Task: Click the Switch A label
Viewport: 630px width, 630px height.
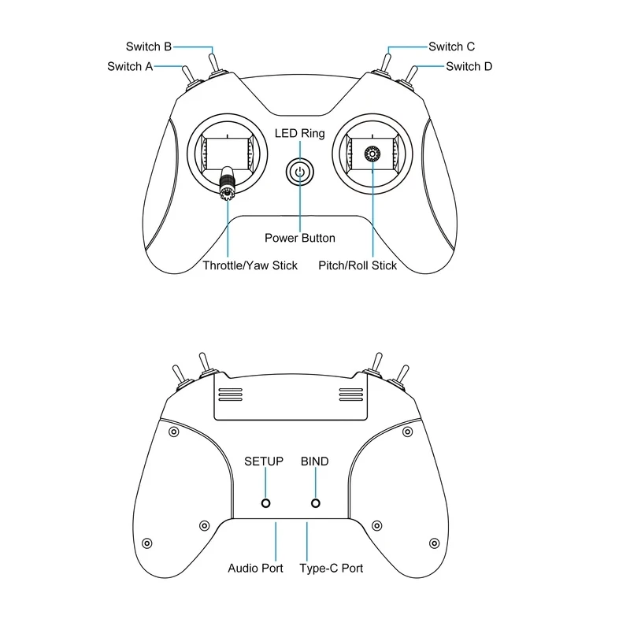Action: click(130, 66)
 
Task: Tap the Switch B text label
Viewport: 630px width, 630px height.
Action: click(149, 46)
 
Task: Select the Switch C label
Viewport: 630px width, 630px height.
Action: click(451, 46)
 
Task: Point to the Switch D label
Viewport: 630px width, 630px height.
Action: click(469, 66)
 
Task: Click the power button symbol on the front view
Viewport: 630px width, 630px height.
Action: click(299, 172)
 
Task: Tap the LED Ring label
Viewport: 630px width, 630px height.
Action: click(299, 133)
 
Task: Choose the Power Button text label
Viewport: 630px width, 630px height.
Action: click(299, 238)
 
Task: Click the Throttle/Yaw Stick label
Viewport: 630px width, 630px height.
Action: click(250, 265)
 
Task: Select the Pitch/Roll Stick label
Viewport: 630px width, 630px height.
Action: click(358, 265)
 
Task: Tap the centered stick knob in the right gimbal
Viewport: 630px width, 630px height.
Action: click(372, 154)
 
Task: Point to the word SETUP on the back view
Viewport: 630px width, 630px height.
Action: click(264, 461)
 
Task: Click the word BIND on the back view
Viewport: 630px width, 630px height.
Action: click(315, 461)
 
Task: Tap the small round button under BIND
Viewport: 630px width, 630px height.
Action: click(316, 503)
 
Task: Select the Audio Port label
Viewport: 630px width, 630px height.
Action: click(255, 568)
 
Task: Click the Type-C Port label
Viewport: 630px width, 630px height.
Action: click(332, 568)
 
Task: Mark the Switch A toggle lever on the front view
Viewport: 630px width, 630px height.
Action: click(189, 76)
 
